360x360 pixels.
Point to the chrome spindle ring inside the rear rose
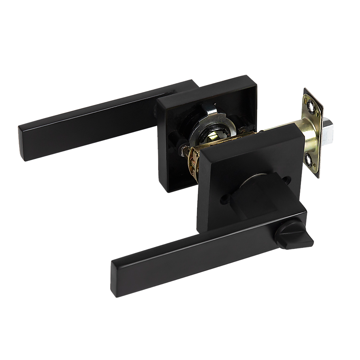(x=213, y=122)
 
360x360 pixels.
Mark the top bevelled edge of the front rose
(x=252, y=139)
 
